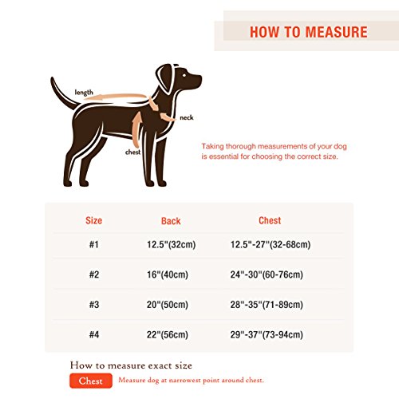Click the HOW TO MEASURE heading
(x=308, y=32)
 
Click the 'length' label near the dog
(x=84, y=93)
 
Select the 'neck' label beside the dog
(x=186, y=117)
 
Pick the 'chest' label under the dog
(x=133, y=151)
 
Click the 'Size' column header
(x=93, y=220)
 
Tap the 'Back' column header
(x=171, y=221)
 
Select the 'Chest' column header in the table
(x=270, y=220)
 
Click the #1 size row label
(x=93, y=245)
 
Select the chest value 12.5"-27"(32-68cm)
(x=270, y=245)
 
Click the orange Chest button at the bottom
(x=90, y=381)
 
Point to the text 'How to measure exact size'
(x=131, y=365)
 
